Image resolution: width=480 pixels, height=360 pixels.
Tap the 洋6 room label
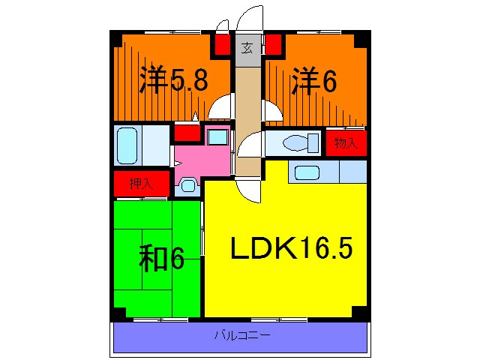click(313, 81)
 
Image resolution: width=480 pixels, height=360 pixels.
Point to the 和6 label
click(161, 259)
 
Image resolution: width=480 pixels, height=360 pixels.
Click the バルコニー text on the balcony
click(240, 335)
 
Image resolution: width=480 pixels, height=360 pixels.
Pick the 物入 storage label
click(346, 142)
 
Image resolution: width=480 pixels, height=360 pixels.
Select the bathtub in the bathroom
click(127, 145)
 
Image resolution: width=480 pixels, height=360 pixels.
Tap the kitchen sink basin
click(307, 172)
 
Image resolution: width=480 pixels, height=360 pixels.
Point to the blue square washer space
click(218, 137)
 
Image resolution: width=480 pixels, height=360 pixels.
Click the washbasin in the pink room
click(187, 185)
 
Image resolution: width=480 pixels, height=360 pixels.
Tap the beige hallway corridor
click(247, 112)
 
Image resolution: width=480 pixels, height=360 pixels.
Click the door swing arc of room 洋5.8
click(221, 109)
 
